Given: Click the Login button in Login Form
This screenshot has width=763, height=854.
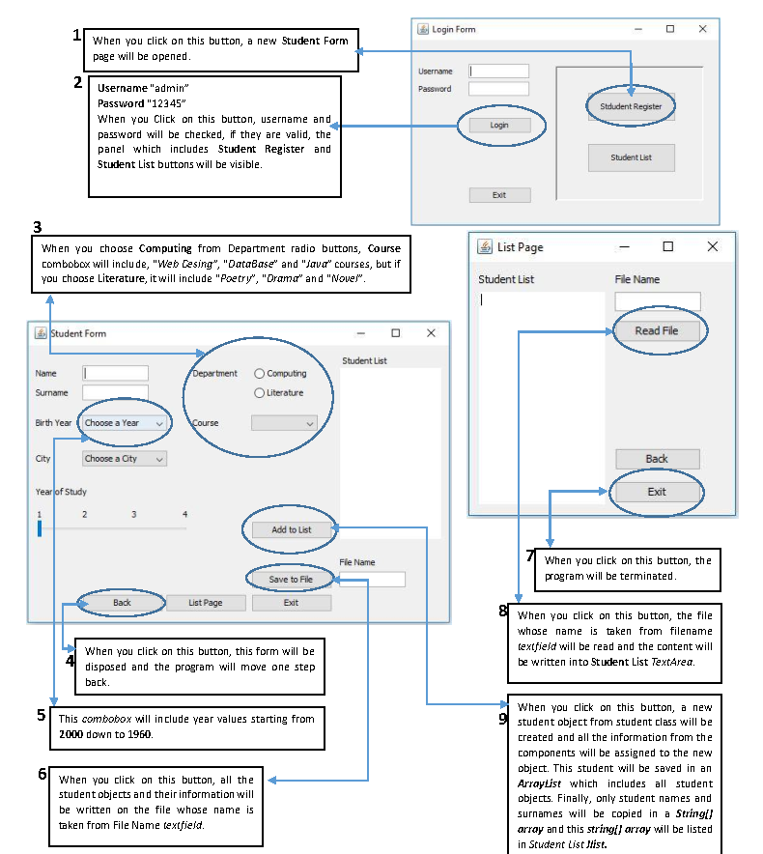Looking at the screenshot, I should (x=499, y=125).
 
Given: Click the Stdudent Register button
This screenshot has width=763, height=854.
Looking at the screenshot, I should (x=631, y=106).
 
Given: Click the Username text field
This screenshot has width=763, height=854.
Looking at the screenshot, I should (x=499, y=71).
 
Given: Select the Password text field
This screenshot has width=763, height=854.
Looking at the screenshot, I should (x=499, y=89).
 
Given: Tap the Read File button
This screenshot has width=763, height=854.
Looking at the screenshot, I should (x=657, y=330).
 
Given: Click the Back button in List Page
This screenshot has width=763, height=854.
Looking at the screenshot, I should (x=657, y=459).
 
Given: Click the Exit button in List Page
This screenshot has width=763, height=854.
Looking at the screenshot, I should (x=657, y=492).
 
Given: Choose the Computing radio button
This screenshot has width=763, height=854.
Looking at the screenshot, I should (x=260, y=374).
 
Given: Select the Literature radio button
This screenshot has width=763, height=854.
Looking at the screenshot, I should (x=260, y=393).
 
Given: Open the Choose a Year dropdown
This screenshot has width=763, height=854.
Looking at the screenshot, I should (x=124, y=423).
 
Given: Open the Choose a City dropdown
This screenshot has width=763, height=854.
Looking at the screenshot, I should (x=124, y=459).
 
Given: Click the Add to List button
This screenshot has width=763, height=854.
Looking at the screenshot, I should (x=291, y=529).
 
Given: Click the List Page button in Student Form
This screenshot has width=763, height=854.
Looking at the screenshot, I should (x=205, y=603).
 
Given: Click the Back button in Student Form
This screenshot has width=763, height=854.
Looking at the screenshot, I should (x=122, y=603).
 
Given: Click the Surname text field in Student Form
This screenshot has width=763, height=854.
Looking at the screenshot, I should (x=115, y=392).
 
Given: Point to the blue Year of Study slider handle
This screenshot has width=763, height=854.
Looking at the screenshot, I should (x=40, y=528).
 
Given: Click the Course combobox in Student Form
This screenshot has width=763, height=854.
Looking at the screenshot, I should (x=284, y=423).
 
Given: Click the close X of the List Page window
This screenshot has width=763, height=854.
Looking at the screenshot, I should (x=713, y=247).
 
